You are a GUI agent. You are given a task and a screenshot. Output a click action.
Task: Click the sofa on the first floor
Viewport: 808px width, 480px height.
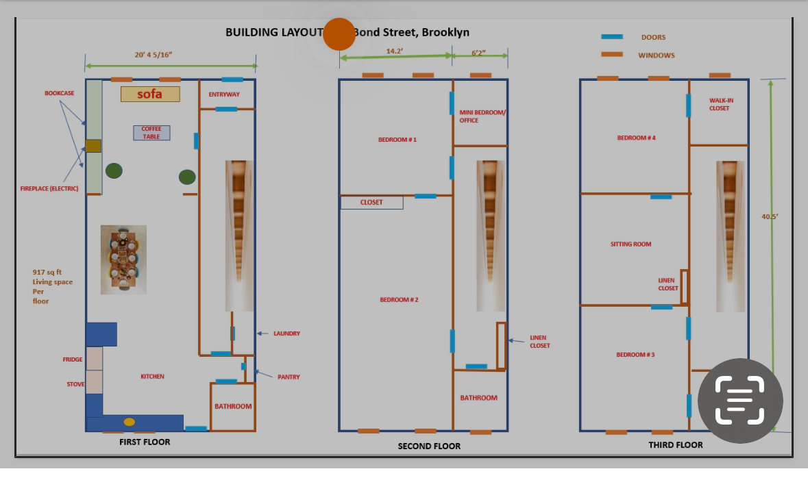coord(150,94)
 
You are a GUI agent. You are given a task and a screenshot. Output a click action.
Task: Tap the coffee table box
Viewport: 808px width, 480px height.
coord(151,133)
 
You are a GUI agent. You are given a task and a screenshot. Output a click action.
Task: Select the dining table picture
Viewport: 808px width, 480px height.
coord(123,260)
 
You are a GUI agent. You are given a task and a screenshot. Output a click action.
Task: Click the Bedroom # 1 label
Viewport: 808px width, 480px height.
coord(397,140)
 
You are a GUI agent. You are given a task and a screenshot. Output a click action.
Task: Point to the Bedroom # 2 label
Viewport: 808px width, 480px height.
coord(399,300)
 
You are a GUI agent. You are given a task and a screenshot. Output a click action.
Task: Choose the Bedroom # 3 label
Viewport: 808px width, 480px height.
coord(635,355)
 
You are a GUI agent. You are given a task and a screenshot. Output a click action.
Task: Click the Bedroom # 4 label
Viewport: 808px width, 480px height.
coord(636,138)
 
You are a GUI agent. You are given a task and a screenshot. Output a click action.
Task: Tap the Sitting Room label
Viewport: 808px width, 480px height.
coord(631,244)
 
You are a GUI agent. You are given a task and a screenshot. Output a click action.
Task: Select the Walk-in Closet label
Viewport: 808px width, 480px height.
coord(721,104)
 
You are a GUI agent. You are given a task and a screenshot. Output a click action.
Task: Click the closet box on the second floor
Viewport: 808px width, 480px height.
coord(371,203)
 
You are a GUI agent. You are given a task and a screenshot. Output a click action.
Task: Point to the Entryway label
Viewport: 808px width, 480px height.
coord(224,94)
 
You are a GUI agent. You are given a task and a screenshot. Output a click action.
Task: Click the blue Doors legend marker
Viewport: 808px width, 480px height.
coord(612,37)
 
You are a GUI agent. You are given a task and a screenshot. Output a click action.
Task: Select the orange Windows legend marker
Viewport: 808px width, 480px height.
coord(612,55)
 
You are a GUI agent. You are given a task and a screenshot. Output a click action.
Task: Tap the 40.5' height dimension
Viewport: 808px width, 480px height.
coord(770,217)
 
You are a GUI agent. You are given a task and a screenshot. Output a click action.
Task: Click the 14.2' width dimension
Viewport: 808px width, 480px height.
coord(394,51)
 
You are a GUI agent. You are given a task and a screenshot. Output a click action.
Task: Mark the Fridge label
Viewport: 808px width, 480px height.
coord(72,359)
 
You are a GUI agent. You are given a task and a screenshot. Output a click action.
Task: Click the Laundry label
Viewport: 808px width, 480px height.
coord(286,333)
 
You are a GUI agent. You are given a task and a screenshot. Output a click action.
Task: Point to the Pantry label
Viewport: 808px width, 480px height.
coord(288,377)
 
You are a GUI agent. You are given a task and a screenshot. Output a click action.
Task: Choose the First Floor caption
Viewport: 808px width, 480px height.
coord(145,442)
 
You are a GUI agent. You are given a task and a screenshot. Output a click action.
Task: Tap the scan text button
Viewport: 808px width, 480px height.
coord(740,401)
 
